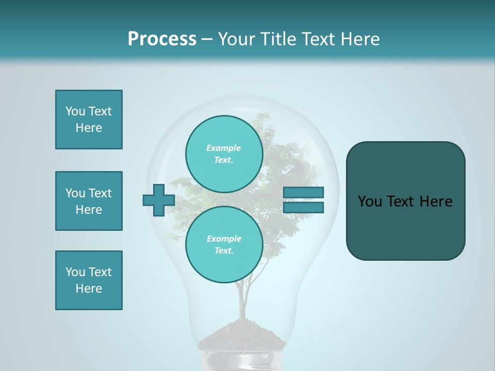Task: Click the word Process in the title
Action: [x=162, y=39]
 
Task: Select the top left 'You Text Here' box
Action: [x=89, y=120]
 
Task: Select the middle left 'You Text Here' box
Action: [x=89, y=201]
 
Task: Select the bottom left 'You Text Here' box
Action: [x=89, y=280]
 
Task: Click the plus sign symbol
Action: [x=159, y=200]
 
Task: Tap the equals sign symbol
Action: [x=304, y=200]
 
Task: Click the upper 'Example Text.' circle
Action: [x=224, y=154]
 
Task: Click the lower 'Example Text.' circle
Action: [x=224, y=245]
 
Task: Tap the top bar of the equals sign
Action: [x=304, y=193]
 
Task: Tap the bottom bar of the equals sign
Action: [x=304, y=207]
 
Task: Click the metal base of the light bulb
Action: [x=241, y=361]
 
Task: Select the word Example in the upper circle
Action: [x=223, y=148]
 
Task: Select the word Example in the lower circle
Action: [x=224, y=239]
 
